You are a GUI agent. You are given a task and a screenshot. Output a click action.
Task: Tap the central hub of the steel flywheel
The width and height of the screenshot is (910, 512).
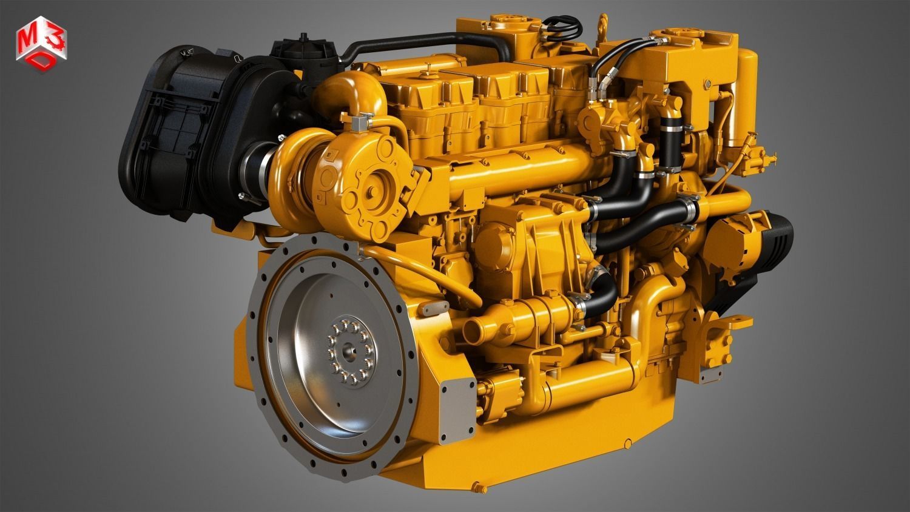348,349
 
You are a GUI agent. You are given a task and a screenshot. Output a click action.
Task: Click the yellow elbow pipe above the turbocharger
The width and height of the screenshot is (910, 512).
355,91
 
